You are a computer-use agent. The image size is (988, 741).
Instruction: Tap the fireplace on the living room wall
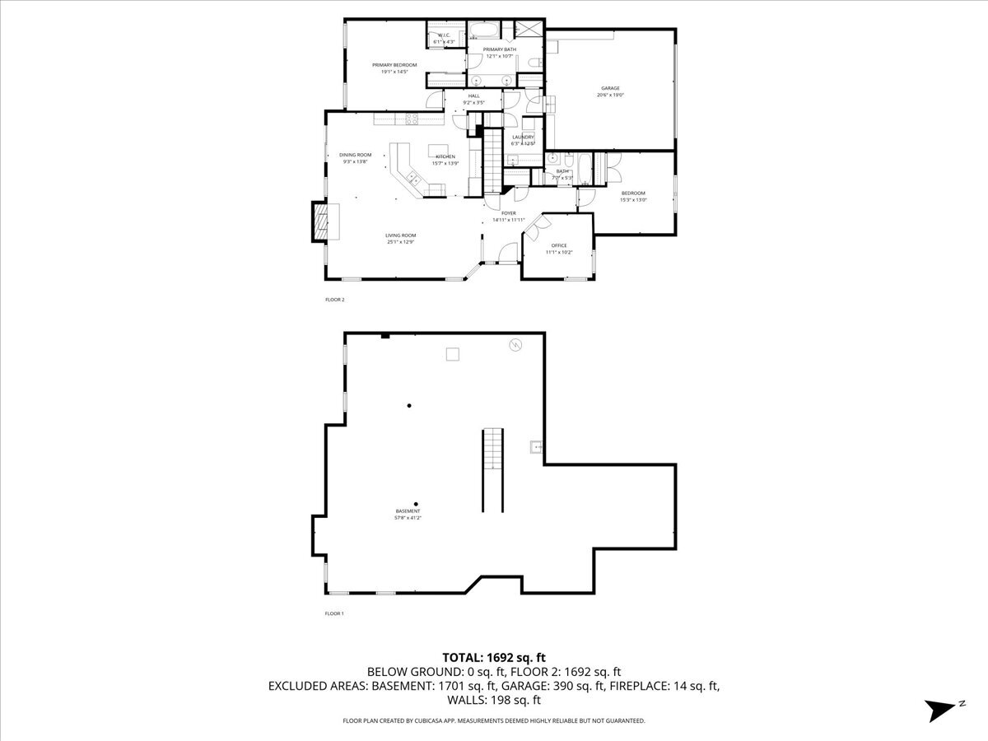pyautogui.click(x=319, y=221)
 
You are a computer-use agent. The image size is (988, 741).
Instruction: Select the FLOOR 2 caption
pyautogui.click(x=334, y=300)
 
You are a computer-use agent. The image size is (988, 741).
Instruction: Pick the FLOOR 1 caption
pyautogui.click(x=334, y=613)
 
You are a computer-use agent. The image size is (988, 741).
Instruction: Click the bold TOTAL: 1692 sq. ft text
pyautogui.click(x=494, y=657)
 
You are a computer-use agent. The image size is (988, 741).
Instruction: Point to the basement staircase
pyautogui.click(x=492, y=469)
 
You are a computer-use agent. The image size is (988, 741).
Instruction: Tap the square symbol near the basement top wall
pyautogui.click(x=453, y=354)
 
